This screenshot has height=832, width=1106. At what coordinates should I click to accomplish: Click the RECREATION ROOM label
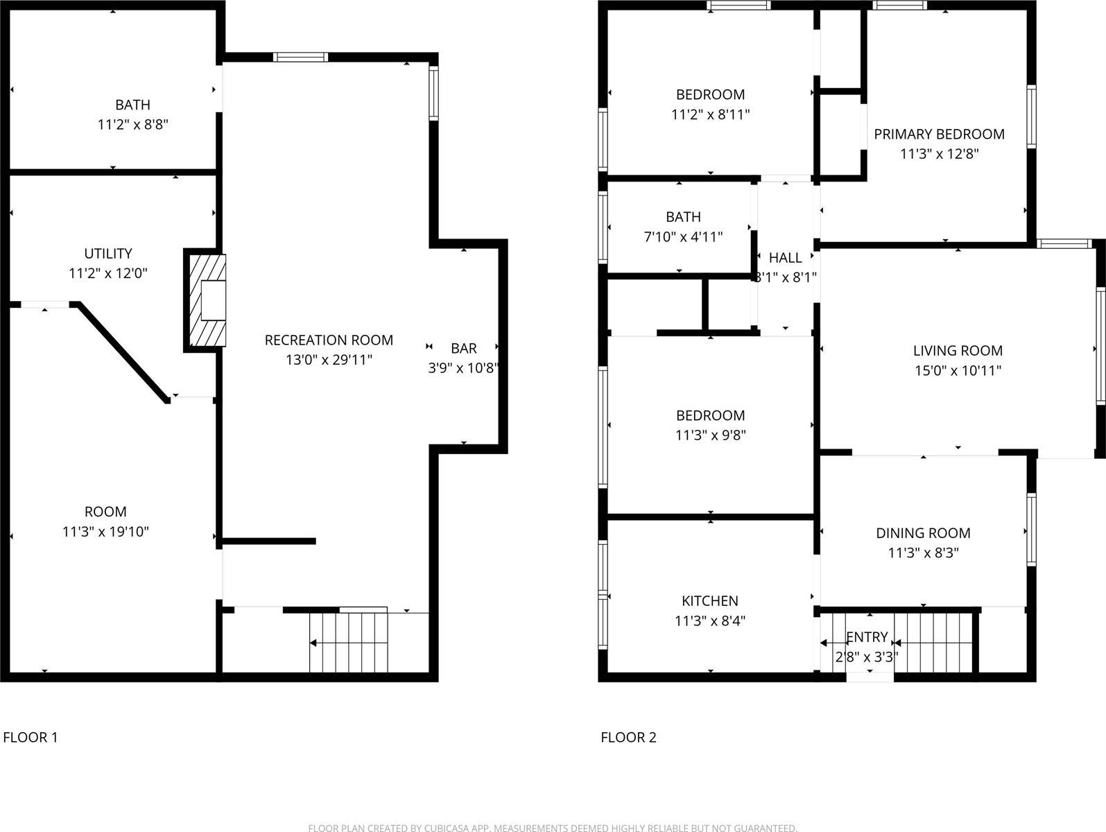point(329,340)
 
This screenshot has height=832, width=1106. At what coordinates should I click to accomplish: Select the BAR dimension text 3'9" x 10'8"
point(463,367)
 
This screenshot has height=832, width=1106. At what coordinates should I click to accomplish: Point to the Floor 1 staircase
point(348,642)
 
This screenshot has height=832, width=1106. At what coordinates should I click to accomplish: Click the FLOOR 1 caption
point(31,737)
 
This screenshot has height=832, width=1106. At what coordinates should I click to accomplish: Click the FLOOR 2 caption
point(628,737)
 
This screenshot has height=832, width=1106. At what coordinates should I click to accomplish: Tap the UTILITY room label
point(108,254)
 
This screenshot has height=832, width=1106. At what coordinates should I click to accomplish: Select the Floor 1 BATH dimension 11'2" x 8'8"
point(133,125)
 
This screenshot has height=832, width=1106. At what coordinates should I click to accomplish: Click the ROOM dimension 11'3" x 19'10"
point(105,532)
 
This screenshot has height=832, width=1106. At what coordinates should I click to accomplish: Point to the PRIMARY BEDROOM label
point(939,134)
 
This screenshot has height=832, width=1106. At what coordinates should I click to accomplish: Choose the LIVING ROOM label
point(958,351)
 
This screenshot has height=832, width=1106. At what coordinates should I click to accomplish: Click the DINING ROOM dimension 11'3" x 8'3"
point(923,553)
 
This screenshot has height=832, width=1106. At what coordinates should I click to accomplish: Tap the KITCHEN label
point(710,601)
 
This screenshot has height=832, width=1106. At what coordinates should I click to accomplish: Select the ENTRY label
point(867,636)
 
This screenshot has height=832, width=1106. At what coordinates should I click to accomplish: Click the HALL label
point(786,258)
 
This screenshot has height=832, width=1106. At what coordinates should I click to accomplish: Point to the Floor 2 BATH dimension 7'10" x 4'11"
point(683,237)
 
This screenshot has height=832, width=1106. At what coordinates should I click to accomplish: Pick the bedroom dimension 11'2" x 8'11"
point(711,114)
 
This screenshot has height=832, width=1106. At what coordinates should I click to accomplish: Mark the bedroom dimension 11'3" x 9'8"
point(711,435)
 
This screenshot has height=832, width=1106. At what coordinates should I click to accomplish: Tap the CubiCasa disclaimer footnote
point(553,827)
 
